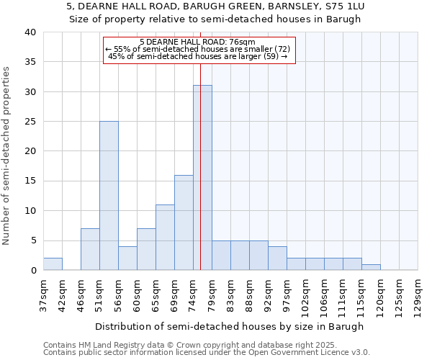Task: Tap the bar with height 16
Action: (x=184, y=222)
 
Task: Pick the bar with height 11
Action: (x=165, y=238)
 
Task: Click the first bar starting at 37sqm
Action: (x=53, y=264)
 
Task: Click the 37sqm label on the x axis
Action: (x=43, y=294)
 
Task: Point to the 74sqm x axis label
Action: (x=193, y=294)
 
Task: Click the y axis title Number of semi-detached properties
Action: (x=6, y=155)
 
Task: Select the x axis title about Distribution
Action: (x=230, y=326)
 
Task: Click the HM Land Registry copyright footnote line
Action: (x=180, y=345)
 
